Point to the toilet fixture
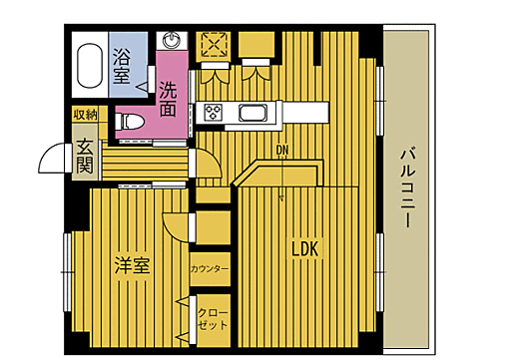click(128, 121)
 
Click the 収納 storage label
click(85, 115)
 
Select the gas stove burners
click(213, 111)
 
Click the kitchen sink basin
click(251, 112)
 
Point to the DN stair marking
click(282, 152)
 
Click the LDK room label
click(304, 248)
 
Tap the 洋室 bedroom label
click(132, 266)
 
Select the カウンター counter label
click(210, 269)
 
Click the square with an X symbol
click(215, 45)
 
